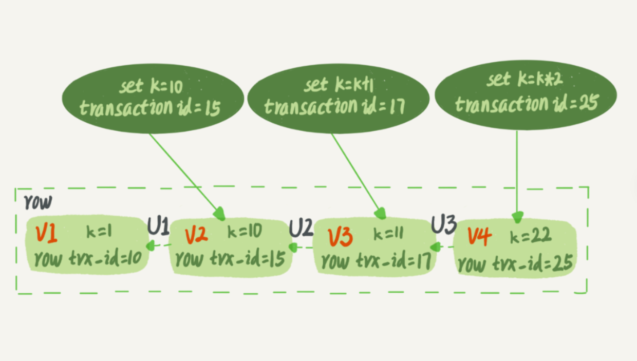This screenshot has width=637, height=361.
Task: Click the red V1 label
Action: click(46, 234)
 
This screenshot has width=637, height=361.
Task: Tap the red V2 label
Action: click(196, 236)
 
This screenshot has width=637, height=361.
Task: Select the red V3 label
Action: click(340, 238)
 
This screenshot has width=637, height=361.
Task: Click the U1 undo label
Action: click(158, 226)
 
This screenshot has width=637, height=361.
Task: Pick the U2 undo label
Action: click(301, 228)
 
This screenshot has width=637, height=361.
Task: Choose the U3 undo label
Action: click(444, 224)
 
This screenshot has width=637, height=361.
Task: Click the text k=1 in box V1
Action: click(99, 232)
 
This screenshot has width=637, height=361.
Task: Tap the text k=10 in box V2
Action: click(245, 231)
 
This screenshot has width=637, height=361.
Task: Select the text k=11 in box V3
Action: click(388, 234)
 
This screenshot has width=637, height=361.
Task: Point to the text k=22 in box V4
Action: click(531, 237)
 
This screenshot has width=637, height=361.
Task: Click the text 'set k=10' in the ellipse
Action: click(151, 86)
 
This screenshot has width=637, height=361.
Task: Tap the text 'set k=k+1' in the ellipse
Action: click(339, 84)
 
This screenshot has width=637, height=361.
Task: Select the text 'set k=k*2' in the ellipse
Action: click(524, 79)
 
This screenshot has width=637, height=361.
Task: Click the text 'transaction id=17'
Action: click(335, 106)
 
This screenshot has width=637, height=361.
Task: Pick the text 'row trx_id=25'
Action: click(516, 263)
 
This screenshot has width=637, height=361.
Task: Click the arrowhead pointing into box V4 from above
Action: click(517, 217)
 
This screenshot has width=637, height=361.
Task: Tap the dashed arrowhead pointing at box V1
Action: click(151, 245)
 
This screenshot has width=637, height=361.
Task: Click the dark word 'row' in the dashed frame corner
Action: click(38, 202)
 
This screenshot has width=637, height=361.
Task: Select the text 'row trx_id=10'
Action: click(88, 259)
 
